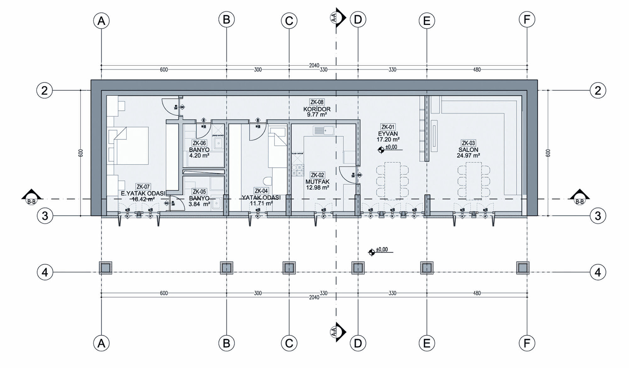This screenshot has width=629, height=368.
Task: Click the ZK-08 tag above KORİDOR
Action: tap(317, 102)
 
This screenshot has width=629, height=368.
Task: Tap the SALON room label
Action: tap(468, 150)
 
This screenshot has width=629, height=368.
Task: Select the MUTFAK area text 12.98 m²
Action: tap(317, 188)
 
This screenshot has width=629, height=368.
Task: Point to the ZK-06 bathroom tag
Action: tap(199, 143)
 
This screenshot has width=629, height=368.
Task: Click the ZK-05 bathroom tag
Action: tap(199, 192)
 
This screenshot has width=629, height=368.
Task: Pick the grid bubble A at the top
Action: tap(101, 21)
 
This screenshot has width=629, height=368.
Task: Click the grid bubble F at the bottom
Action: tap(527, 343)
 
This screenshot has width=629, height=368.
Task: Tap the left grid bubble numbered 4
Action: tap(45, 272)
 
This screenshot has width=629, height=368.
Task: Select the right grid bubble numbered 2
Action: tap(598, 90)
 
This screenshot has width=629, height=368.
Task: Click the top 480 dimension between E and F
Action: tap(477, 70)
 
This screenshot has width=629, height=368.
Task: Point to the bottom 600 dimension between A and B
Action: tap(164, 293)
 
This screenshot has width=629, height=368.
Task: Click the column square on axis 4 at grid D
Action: tap(358, 268)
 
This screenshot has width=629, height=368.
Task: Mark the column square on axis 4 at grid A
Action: tap(106, 268)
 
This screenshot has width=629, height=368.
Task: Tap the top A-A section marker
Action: tap(338, 18)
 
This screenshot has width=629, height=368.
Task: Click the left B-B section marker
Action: tap(31, 197)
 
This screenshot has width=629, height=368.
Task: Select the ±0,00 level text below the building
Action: tap(382, 250)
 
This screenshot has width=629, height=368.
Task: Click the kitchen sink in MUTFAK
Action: tap(323, 130)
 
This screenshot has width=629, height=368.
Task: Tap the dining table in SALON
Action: tap(474, 181)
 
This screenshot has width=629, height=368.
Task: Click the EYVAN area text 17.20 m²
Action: tap(388, 139)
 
